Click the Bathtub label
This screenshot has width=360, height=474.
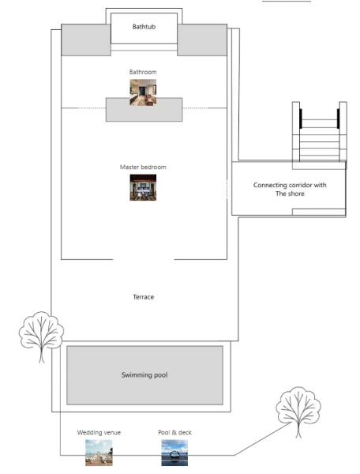click(144, 27)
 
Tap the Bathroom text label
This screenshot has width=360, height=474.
click(143, 72)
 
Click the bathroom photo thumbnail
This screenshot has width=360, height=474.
click(143, 92)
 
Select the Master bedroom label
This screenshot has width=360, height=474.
click(143, 167)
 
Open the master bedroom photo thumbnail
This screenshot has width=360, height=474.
click(143, 187)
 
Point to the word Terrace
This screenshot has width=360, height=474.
click(144, 297)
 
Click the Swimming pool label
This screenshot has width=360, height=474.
click(144, 374)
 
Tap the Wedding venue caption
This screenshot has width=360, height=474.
click(99, 433)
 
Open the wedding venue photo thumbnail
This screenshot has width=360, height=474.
click(99, 453)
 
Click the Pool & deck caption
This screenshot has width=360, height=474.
click(174, 433)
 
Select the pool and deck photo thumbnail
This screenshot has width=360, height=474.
click(174, 453)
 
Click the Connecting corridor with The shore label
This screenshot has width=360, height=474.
click(290, 190)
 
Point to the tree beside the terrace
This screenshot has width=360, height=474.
click(41, 336)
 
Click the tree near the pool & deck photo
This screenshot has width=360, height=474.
click(298, 411)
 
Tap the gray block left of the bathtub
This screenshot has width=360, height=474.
click(86, 40)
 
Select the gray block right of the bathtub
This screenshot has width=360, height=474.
click(202, 40)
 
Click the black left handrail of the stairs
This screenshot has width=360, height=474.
click(301, 118)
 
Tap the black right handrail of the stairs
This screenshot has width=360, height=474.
click(338, 118)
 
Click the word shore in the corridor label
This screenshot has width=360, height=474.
click(296, 194)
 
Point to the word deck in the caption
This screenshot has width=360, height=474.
click(185, 433)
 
